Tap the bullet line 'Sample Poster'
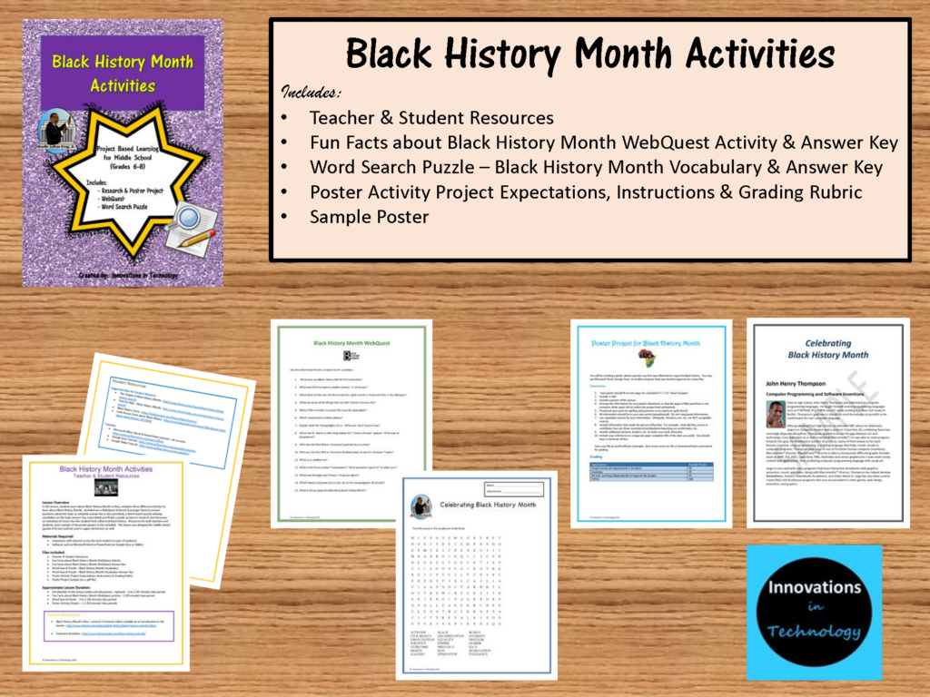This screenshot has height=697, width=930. tap(367, 218)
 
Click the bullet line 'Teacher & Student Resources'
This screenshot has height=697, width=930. tap(431, 117)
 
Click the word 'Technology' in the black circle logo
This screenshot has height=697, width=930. tap(802, 633)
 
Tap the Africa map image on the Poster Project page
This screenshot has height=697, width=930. tap(648, 358)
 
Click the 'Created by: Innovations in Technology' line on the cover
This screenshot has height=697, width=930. tap(122, 273)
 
